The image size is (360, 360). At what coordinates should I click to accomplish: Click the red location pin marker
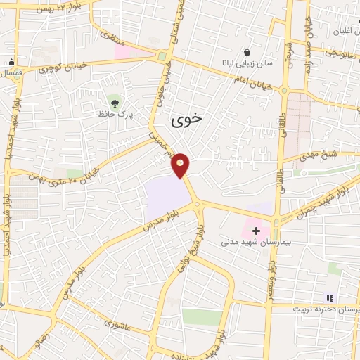[x=181, y=165]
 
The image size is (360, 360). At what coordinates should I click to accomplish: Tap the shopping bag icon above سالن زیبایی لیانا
[x=247, y=51]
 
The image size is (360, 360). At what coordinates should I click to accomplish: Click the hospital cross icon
[x=256, y=230]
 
